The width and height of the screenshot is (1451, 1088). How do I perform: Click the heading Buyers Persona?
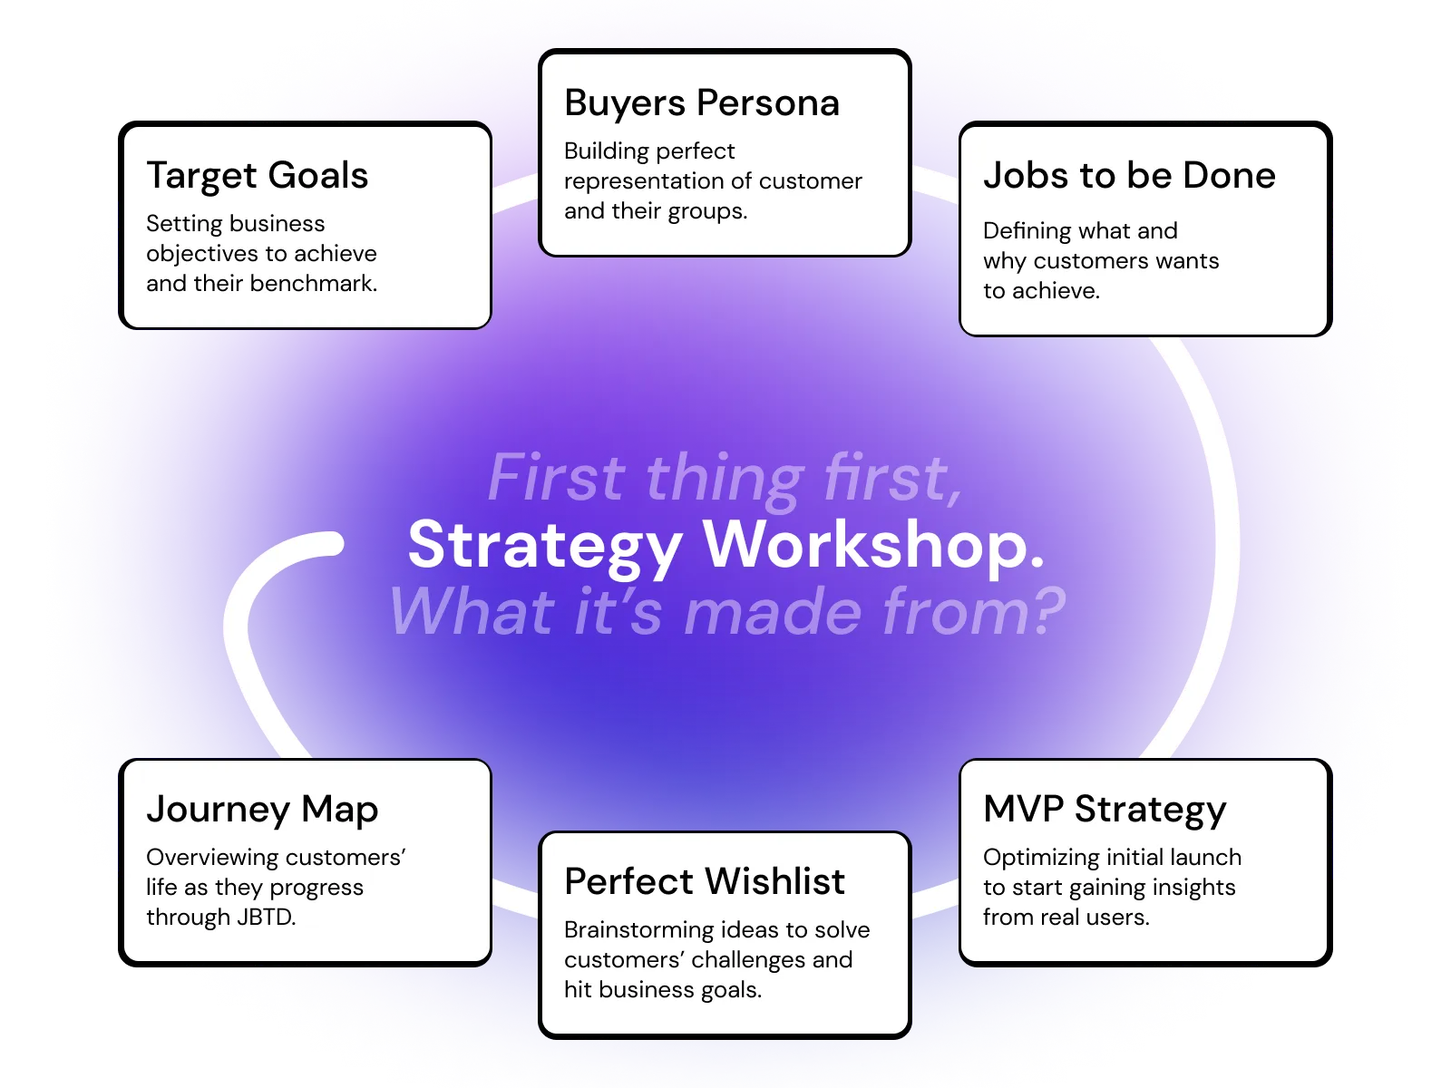[701, 103]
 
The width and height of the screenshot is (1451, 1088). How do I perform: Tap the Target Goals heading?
[258, 176]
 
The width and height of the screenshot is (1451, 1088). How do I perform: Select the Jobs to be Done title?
[1129, 176]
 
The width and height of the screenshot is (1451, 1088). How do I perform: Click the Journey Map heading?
[262, 810]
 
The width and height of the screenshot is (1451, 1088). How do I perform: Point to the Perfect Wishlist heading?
[705, 882]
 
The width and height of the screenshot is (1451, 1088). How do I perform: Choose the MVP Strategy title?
[1105, 810]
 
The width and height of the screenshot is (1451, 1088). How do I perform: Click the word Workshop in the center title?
[874, 546]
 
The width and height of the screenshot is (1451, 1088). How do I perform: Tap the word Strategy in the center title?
[545, 546]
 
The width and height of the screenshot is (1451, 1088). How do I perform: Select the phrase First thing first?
[725, 478]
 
